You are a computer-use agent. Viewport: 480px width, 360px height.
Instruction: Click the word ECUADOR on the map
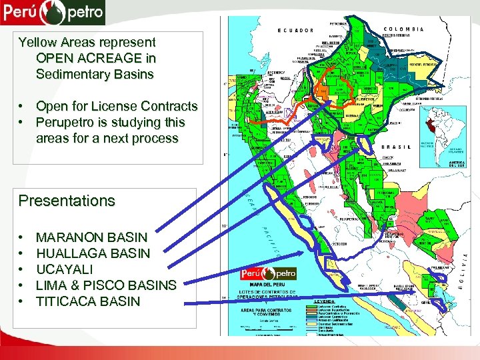coord(295,30)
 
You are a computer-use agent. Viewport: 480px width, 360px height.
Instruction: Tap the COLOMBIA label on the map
coord(403,29)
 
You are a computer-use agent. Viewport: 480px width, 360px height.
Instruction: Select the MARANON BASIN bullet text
coord(91,237)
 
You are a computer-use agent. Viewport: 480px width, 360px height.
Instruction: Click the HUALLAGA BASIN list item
coord(93,253)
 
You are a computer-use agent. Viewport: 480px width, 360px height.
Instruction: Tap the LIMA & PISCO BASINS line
coord(106,285)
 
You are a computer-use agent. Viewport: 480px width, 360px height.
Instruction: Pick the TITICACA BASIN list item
coord(88,301)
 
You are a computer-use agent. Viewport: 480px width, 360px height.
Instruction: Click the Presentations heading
coord(67,201)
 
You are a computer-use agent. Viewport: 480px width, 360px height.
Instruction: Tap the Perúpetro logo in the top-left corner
coord(53,11)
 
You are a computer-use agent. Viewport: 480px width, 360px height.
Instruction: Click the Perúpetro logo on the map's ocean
coord(268,274)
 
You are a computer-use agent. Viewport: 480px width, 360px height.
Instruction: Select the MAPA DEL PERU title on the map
coord(268,286)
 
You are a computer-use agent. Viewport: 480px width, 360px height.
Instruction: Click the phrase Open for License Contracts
coord(117,107)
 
